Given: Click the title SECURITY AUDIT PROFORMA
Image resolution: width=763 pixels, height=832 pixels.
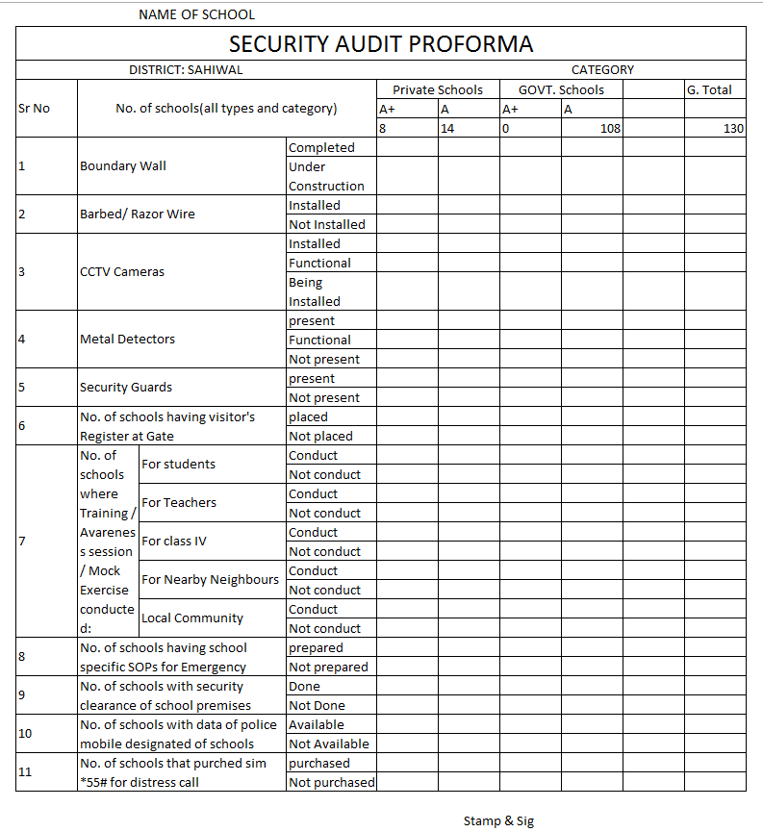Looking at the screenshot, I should click(x=380, y=44).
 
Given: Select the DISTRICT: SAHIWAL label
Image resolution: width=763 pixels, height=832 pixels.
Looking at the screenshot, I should click(x=186, y=70).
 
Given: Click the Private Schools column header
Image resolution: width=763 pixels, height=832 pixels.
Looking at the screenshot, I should click(x=438, y=89).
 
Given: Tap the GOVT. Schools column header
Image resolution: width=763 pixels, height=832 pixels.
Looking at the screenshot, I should click(x=561, y=89).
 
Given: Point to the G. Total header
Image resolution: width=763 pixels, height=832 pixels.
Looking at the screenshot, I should click(x=709, y=89).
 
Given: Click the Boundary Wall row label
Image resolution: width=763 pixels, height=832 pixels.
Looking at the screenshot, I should click(x=123, y=166).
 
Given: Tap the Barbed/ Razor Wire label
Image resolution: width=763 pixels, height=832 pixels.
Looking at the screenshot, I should click(x=137, y=214).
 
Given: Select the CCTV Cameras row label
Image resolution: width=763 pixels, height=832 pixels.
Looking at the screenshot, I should click(x=122, y=272).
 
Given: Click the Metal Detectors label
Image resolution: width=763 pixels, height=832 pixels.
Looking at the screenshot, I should click(x=127, y=340).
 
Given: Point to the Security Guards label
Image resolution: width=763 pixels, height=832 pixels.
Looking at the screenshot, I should click(x=126, y=388).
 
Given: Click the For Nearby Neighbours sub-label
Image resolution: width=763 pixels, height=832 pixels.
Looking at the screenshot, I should click(x=210, y=580).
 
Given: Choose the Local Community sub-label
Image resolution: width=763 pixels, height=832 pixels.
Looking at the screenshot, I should click(x=192, y=618).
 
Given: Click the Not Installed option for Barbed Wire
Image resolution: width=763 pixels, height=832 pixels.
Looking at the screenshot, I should click(x=327, y=224).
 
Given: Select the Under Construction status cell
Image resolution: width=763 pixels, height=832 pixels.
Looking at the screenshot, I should click(x=326, y=176).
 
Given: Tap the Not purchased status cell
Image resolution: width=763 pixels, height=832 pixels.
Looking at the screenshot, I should click(x=332, y=782).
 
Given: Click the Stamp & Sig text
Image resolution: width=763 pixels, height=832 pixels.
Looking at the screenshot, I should click(x=498, y=820).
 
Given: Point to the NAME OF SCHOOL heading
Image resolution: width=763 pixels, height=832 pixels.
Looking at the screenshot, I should click(x=197, y=14).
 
